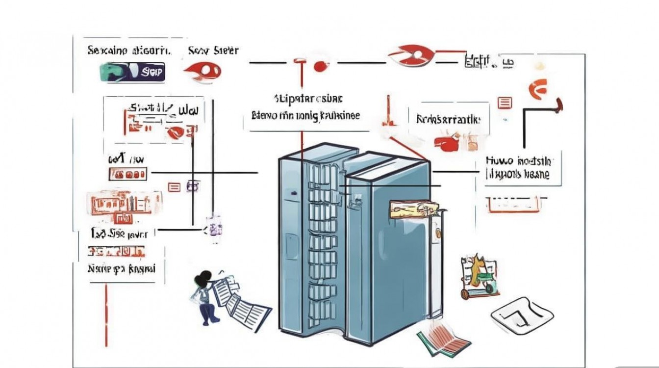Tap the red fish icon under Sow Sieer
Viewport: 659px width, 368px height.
[203, 71]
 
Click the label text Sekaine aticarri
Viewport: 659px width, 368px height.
[129, 50]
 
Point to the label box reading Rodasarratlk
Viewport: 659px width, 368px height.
[449, 119]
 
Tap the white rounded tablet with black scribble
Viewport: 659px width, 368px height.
[522, 314]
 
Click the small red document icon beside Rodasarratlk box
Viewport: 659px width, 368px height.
[505, 103]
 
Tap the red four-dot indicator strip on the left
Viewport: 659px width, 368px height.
[127, 174]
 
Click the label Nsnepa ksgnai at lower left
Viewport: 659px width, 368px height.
[121, 268]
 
